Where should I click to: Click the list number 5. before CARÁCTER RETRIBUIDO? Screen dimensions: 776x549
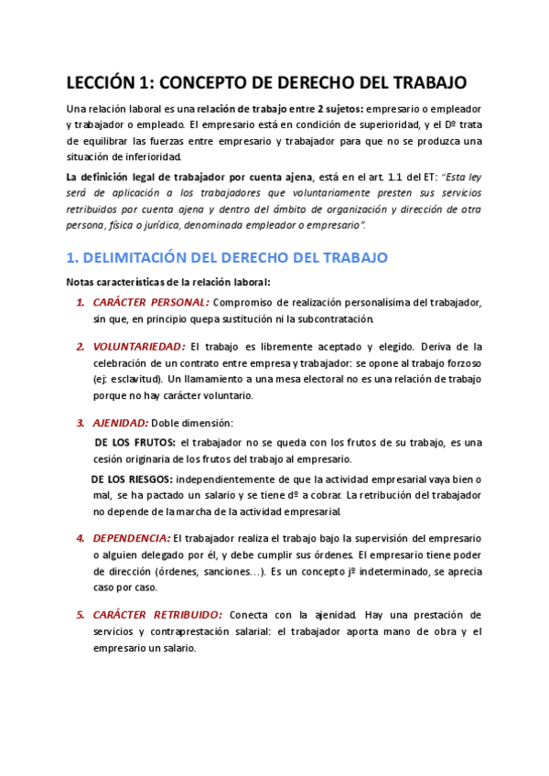point(81,615)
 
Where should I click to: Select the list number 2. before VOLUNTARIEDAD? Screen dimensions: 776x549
point(81,347)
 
